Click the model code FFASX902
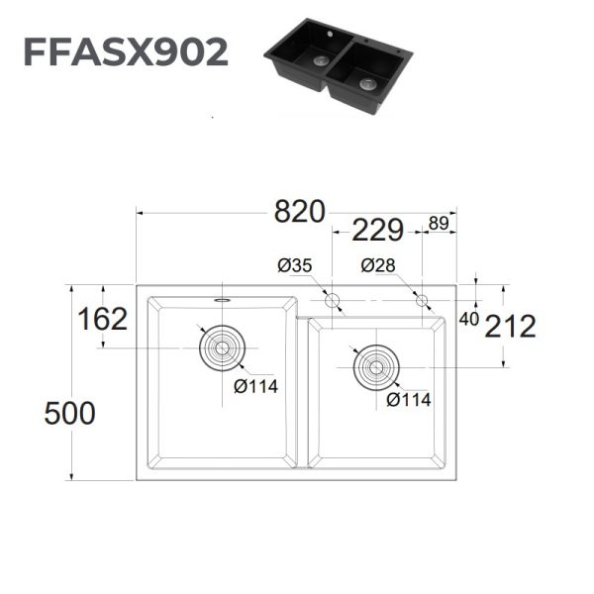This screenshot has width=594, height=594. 126,51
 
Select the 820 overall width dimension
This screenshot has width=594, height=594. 299,212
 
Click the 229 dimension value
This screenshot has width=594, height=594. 377,231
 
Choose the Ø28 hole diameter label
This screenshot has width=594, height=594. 379,265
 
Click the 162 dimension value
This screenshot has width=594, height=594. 103,320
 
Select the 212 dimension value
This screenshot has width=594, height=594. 509,326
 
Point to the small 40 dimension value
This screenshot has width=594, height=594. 469,319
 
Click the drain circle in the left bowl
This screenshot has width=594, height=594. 220,348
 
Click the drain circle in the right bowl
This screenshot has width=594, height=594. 376,368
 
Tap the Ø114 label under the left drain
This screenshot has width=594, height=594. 255,386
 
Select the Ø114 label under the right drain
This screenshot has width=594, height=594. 409,399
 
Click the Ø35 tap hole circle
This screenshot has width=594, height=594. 333,300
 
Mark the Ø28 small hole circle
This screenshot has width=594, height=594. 423,300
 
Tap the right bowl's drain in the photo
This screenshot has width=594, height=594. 368,84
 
